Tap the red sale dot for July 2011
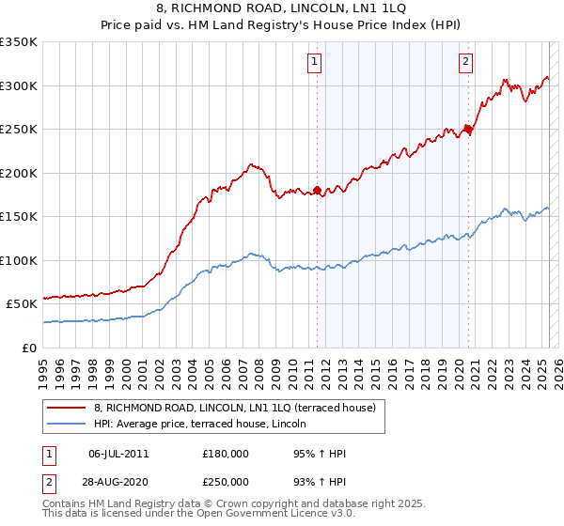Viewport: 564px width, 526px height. point(318,191)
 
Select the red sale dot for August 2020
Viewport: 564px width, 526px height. point(468,130)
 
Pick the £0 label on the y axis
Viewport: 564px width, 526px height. point(30,348)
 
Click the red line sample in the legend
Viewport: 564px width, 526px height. point(66,408)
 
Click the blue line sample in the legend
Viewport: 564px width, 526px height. point(66,423)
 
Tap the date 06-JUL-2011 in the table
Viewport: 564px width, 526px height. point(118,454)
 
